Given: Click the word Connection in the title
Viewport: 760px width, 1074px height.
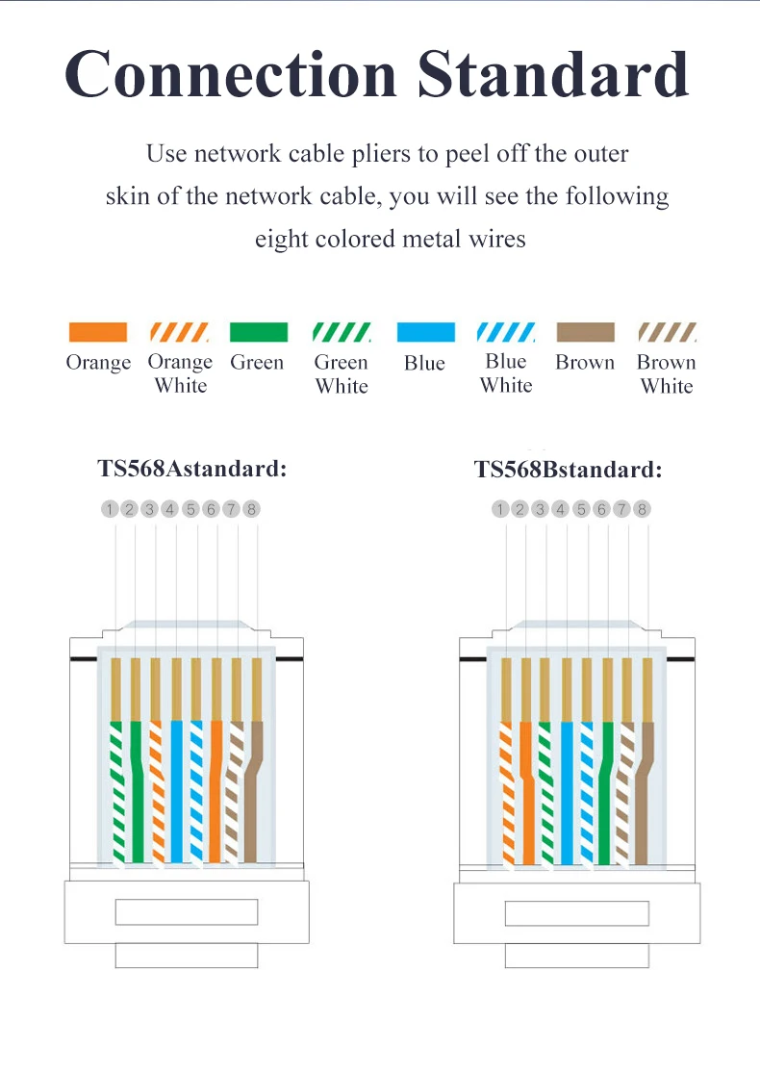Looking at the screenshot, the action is pos(232,74).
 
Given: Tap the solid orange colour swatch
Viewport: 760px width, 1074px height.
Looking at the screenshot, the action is pos(98,332).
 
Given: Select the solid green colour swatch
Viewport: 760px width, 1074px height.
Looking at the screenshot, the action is pos(258,332).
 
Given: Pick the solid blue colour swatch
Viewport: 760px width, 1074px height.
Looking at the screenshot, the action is pos(425,332).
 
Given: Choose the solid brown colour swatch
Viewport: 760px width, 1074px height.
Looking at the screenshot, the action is pos(585,332).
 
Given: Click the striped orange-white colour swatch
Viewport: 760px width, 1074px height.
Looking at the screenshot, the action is pos(180,332).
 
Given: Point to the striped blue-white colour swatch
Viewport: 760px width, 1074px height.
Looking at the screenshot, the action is pos(506,332).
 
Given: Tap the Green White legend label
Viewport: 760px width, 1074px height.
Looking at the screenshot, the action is pos(342,374).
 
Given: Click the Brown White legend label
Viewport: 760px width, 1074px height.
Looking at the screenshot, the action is pos(667,374).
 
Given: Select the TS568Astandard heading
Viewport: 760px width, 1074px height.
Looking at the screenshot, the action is pos(192,469).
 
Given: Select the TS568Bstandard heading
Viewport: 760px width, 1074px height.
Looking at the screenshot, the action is pos(568,470).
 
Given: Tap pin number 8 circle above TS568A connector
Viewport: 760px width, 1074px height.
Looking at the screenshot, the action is pos(252,509).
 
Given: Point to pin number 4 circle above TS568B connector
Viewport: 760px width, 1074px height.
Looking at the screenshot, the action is pos(561,509).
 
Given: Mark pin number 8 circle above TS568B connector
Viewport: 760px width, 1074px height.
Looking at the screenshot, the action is pos(643,509).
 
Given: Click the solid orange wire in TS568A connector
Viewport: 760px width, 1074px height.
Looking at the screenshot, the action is pos(216,789).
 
